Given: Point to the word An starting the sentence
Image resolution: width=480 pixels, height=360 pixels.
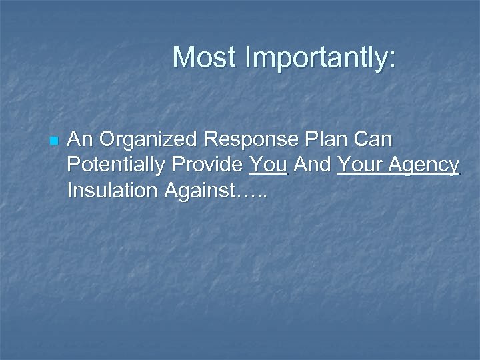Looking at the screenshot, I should click(79, 140).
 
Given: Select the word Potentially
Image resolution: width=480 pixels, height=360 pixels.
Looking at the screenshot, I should click(117, 165).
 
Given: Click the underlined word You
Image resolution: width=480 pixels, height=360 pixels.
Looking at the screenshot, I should click(267, 165).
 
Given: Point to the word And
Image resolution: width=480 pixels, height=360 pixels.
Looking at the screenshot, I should click(312, 165).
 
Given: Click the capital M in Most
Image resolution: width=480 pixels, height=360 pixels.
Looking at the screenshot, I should click(183, 57).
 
